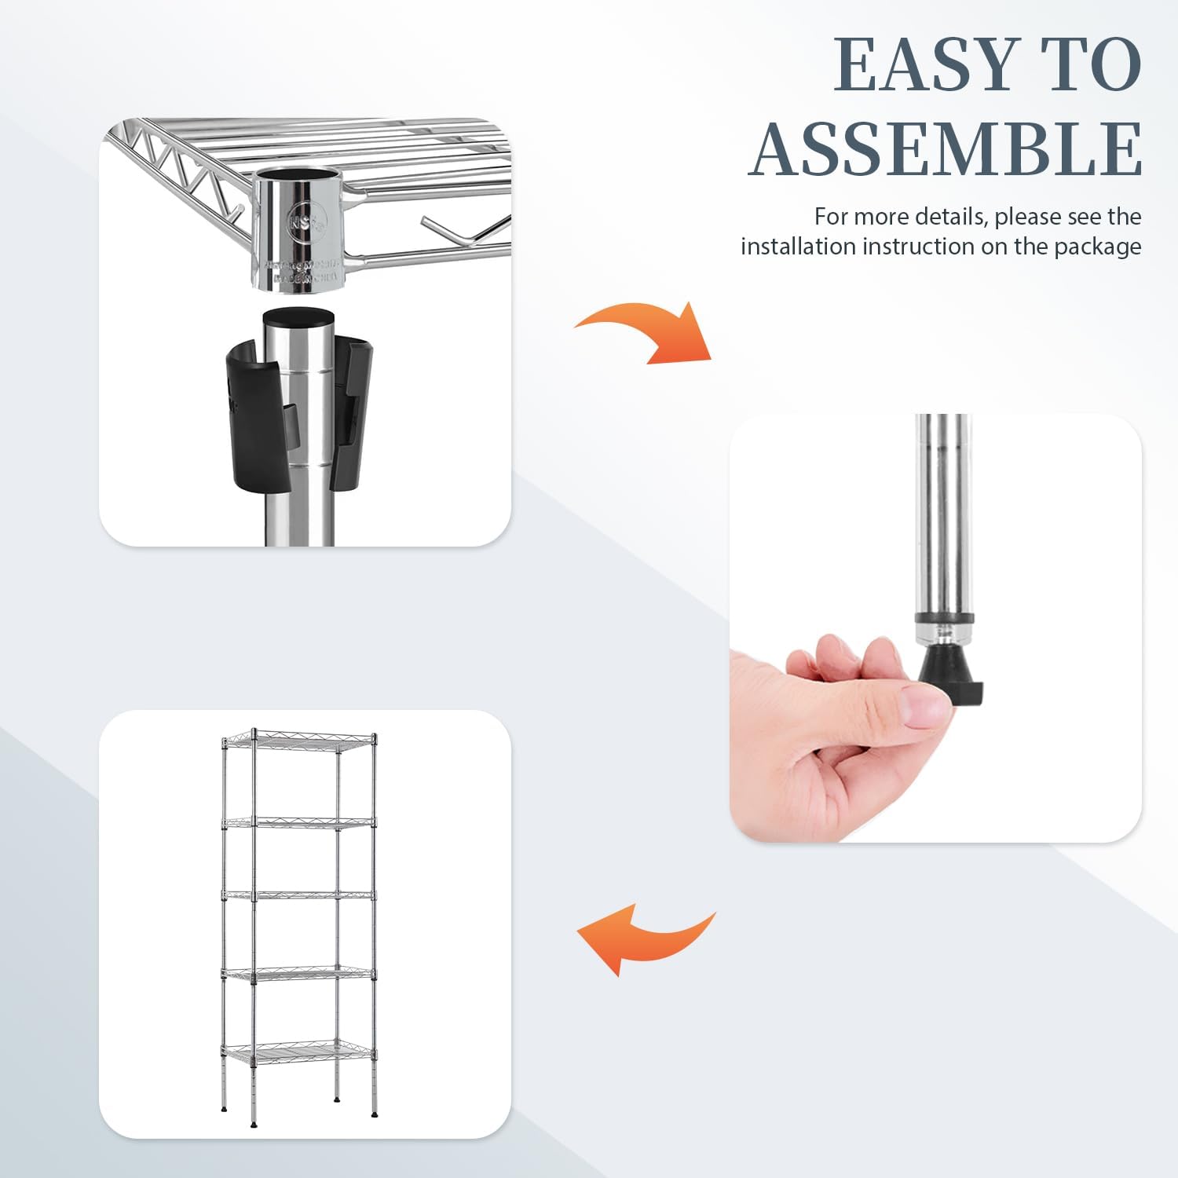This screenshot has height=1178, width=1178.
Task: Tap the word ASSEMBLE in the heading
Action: (x=946, y=149)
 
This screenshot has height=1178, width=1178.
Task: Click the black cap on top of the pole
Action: (x=298, y=316)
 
